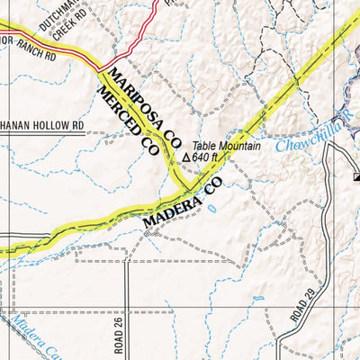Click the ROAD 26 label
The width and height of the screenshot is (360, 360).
tap(118, 334)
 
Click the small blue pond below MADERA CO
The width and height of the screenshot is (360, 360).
tap(210, 207)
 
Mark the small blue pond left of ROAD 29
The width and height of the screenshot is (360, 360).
tap(258, 298)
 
